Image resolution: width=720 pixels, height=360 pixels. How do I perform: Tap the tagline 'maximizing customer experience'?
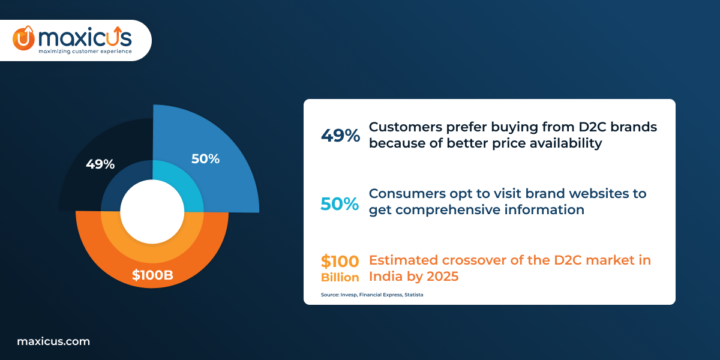pyautogui.click(x=85, y=52)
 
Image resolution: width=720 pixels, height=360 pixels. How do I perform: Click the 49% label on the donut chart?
pyautogui.click(x=100, y=164)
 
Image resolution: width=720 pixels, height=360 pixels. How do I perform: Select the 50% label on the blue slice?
pyautogui.click(x=205, y=159)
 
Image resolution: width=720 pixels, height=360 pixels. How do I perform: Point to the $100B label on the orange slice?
pyautogui.click(x=152, y=276)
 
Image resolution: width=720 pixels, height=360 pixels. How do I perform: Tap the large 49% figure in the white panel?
pyautogui.click(x=340, y=136)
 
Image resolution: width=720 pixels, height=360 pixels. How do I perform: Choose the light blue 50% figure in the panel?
pyautogui.click(x=340, y=203)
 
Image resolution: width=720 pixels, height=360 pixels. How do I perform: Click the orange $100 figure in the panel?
pyautogui.click(x=340, y=262)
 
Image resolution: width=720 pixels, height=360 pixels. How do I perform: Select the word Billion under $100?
pyautogui.click(x=340, y=277)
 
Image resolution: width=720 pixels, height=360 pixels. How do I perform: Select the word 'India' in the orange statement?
pyautogui.click(x=384, y=277)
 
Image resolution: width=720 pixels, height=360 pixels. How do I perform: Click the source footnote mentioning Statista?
pyautogui.click(x=372, y=295)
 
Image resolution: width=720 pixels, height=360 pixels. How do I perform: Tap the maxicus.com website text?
pyautogui.click(x=53, y=341)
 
